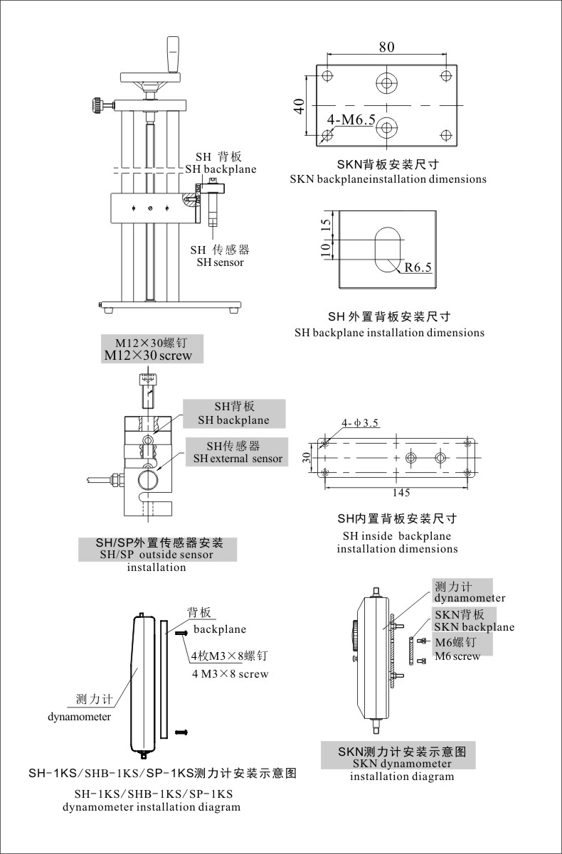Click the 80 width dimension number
point(386,48)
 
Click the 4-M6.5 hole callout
point(351,120)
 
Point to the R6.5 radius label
point(418,267)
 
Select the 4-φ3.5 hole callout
point(360,424)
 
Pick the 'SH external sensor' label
point(238,459)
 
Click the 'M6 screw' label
point(457,656)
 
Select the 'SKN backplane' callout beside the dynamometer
point(474,627)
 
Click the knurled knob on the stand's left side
point(95,106)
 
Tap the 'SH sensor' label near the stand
point(220,262)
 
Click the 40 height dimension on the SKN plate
point(299,106)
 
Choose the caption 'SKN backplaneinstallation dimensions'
point(388,179)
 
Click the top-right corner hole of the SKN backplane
point(445,75)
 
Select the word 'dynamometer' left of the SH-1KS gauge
point(79,717)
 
